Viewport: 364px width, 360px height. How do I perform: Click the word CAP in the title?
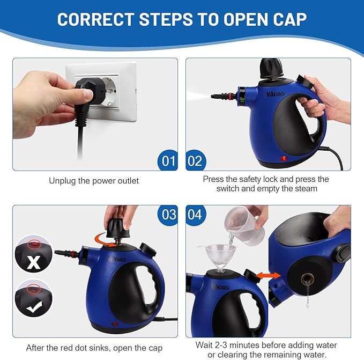click(x=284, y=19)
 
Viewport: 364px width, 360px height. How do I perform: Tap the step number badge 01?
click(x=169, y=161)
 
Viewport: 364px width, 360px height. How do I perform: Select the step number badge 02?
click(x=195, y=161)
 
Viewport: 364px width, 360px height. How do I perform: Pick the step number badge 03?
click(x=169, y=215)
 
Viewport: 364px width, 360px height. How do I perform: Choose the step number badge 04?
click(x=195, y=215)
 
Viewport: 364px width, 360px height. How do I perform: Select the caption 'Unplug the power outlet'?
click(x=94, y=181)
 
